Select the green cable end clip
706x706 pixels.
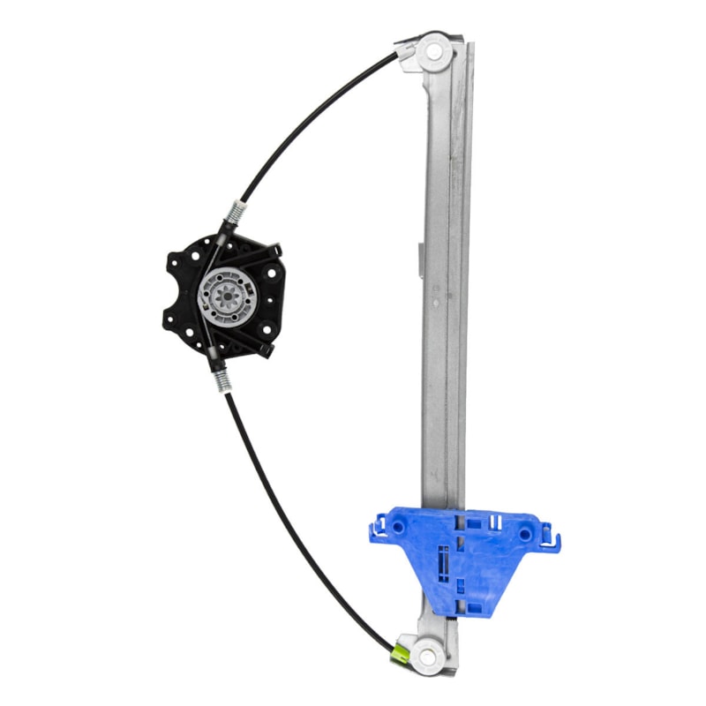[400, 653]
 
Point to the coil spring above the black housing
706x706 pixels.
[236, 213]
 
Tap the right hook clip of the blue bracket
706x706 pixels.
[552, 535]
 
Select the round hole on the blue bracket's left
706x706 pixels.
[398, 527]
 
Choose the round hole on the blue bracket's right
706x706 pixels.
[526, 534]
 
